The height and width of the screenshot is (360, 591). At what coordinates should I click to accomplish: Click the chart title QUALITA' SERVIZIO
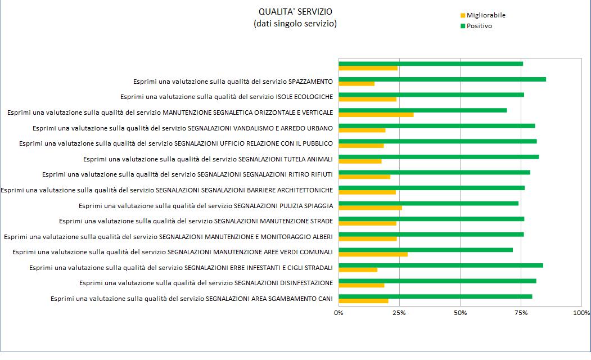[295, 12]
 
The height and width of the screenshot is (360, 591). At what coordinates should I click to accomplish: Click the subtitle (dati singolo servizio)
[295, 24]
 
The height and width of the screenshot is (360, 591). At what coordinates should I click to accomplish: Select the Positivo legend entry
[479, 26]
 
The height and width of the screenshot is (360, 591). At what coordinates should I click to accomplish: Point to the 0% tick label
[339, 313]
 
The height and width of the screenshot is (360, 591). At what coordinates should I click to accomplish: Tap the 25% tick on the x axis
[399, 313]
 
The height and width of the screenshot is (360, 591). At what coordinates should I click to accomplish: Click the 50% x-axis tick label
[460, 313]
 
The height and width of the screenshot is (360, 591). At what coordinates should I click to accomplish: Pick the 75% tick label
[521, 313]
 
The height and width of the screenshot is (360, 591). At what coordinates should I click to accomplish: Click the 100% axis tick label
[581, 313]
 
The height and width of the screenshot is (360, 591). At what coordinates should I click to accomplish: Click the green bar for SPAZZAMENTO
[442, 79]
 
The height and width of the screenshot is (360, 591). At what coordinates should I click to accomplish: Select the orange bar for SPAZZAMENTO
[357, 84]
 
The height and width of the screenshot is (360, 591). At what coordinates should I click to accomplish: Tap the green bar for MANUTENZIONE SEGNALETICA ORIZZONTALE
[422, 110]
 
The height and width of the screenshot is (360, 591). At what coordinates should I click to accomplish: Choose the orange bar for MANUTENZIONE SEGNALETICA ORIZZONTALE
[376, 115]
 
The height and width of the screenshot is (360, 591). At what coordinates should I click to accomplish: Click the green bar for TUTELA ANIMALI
[439, 157]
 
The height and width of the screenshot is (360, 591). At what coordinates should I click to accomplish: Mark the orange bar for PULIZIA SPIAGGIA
[370, 208]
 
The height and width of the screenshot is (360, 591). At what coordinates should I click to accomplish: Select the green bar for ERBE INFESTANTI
[441, 265]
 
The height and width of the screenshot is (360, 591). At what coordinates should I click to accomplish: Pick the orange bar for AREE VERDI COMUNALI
[373, 254]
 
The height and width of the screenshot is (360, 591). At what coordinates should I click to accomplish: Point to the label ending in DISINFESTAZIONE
[206, 283]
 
